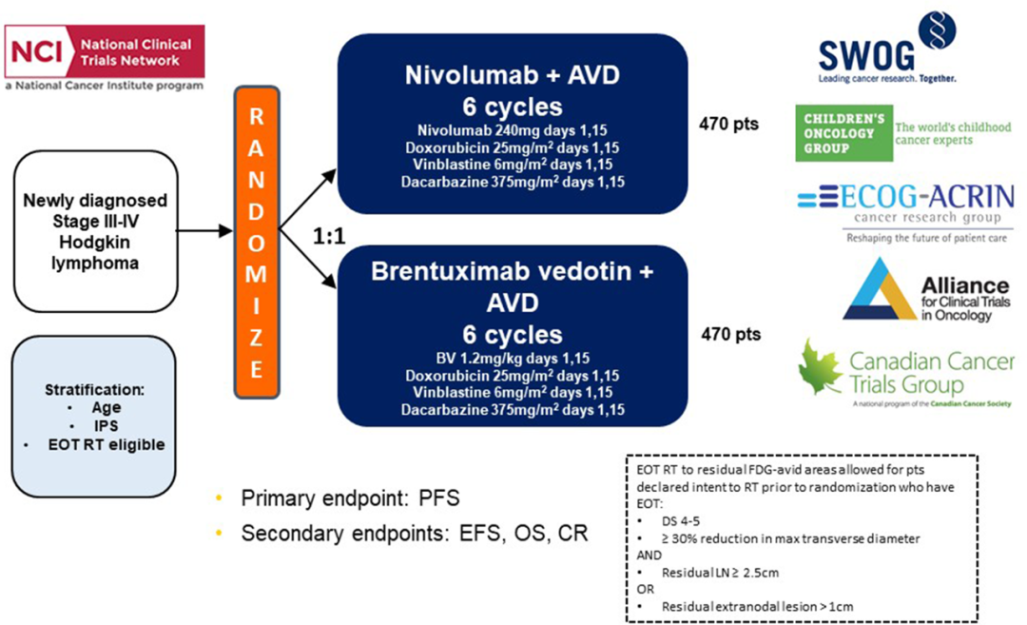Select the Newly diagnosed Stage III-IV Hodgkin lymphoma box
pyautogui.click(x=95, y=231)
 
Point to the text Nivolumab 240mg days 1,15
pyautogui.click(x=513, y=130)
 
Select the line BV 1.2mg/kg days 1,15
pyautogui.click(x=513, y=359)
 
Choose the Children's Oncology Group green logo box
pyautogui.click(x=842, y=133)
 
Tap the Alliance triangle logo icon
pyautogui.click(x=879, y=289)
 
